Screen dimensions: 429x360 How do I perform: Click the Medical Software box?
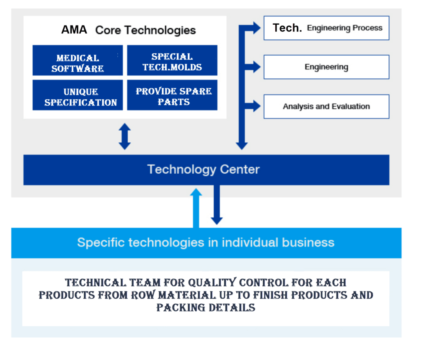(78, 60)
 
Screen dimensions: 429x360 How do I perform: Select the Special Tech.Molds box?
(172, 60)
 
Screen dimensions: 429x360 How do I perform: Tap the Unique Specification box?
(78, 95)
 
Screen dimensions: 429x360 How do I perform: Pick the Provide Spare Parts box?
(172, 95)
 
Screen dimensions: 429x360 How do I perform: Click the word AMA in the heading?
(74, 30)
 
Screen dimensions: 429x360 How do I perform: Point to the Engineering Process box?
(326, 28)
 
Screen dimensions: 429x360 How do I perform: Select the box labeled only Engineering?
(326, 67)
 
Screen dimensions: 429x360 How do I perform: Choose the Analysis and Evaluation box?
(326, 107)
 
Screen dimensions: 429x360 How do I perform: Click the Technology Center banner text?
(203, 170)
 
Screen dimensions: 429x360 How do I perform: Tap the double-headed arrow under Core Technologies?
(124, 136)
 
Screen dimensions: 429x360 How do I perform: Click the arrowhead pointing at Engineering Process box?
(257, 28)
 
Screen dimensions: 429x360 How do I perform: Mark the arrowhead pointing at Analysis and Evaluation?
(257, 106)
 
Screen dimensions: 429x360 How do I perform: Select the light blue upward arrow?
(196, 208)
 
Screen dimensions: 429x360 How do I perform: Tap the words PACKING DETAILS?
(206, 308)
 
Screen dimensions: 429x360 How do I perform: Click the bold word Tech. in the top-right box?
(287, 28)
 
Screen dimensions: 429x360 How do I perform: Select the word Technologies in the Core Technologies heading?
(160, 30)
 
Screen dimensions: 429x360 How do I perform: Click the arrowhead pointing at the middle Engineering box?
(257, 67)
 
